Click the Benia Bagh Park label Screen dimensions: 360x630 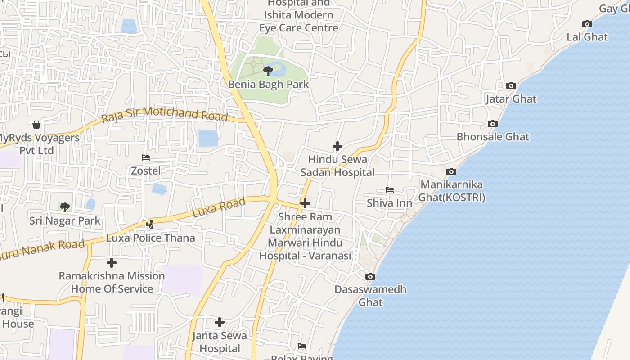tap(268, 84)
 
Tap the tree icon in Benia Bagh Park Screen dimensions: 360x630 tap(268, 71)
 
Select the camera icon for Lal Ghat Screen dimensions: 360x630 tap(587, 24)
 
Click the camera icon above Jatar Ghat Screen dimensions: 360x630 tap(511, 85)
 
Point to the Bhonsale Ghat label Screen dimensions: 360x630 tap(493, 137)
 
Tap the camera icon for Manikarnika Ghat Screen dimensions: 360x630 tap(451, 171)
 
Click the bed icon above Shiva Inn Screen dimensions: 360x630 tap(389, 190)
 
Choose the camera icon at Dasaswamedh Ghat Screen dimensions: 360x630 tap(370, 276)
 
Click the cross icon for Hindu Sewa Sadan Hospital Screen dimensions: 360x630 tap(337, 146)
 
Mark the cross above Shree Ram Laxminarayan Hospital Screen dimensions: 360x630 tap(305, 203)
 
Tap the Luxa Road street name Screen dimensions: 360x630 tap(219, 207)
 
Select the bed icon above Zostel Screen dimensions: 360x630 tap(145, 157)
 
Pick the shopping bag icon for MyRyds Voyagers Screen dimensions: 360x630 tap(36, 124)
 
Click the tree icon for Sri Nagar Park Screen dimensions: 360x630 tap(65, 207)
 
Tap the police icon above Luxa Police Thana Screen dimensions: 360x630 tap(150, 224)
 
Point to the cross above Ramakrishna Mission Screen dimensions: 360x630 tap(112, 263)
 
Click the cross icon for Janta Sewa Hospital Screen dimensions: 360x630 tap(219, 322)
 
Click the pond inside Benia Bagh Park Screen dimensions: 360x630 tap(278, 69)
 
